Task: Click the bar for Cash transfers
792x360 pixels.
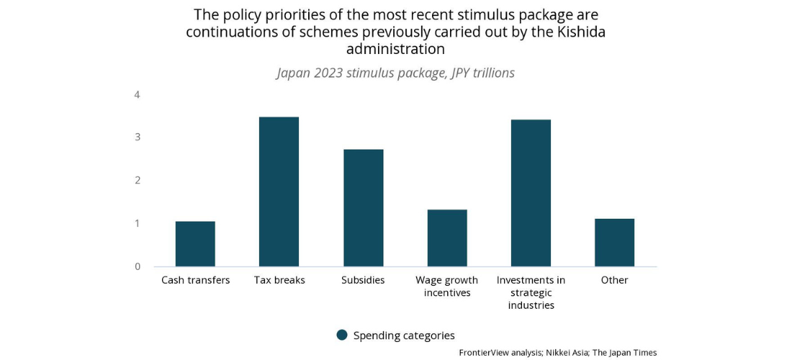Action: point(195,244)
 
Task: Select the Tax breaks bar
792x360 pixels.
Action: point(279,192)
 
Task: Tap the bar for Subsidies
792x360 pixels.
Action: point(363,208)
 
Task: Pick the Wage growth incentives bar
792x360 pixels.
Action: point(447,238)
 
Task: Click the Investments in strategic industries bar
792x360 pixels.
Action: point(531,193)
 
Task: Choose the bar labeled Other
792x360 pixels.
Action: point(614,243)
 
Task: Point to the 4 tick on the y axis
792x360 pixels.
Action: point(137,94)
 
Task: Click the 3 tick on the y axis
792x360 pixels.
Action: point(137,137)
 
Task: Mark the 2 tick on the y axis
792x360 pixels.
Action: point(137,180)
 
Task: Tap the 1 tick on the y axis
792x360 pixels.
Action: point(137,223)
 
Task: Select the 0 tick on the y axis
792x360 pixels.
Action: point(137,266)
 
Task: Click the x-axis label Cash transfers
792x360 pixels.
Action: point(195,280)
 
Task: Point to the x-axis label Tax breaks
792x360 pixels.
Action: point(279,280)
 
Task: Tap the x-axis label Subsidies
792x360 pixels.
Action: point(363,280)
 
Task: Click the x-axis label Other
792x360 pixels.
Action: point(614,280)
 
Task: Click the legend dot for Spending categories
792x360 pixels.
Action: point(342,335)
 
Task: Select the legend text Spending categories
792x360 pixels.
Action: point(404,336)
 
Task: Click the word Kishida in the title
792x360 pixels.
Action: point(580,32)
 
